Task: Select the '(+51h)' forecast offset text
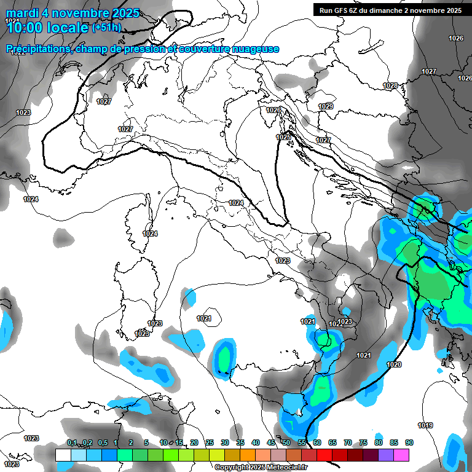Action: (107, 27)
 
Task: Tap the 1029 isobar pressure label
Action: (326, 107)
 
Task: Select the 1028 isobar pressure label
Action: (390, 85)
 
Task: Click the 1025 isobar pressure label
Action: (283, 138)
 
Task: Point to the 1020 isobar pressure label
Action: (394, 364)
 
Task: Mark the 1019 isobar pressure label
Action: (425, 425)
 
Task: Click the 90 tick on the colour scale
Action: (409, 442)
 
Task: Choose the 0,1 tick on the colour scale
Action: (72, 442)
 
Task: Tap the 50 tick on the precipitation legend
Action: (286, 442)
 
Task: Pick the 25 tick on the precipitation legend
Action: (209, 442)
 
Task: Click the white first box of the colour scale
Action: (63, 455)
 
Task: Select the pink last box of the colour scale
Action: (401, 455)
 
